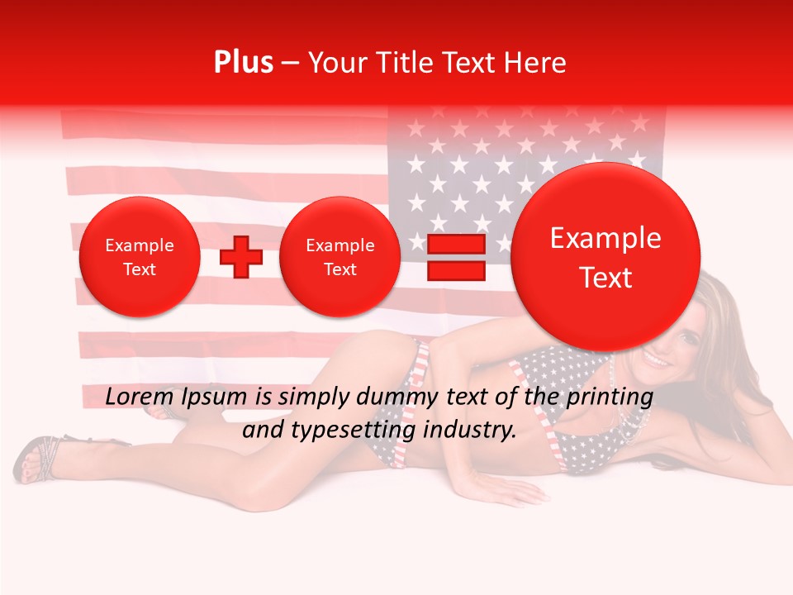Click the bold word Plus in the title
click(243, 63)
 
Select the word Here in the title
click(534, 63)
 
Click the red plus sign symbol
click(241, 257)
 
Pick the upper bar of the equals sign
click(456, 244)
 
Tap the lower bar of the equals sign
click(456, 270)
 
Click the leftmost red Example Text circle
click(140, 257)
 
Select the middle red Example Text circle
click(340, 257)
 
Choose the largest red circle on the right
click(605, 257)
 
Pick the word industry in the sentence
click(472, 431)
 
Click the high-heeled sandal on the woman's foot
click(37, 459)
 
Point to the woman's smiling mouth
click(657, 361)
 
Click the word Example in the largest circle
click(605, 238)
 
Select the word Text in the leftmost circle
click(140, 269)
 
